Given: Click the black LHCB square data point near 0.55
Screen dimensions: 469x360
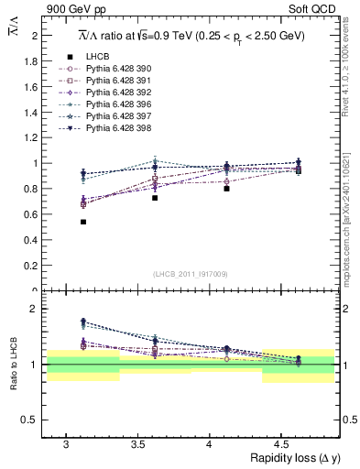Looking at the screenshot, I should pyautogui.click(x=83, y=222).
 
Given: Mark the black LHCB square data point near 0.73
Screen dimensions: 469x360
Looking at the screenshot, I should pyautogui.click(x=155, y=198).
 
